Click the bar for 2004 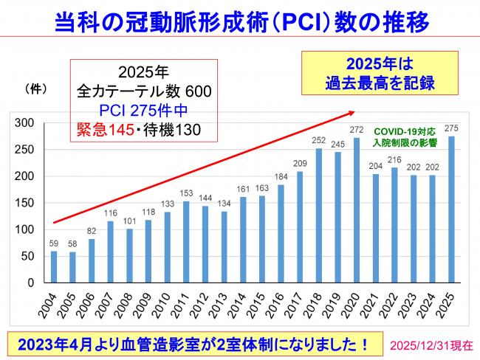(53, 266)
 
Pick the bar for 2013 (224, 246)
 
